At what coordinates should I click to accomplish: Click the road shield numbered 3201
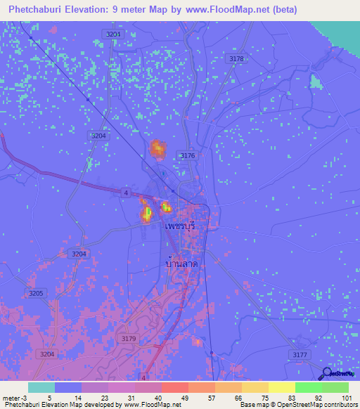[x=112, y=34]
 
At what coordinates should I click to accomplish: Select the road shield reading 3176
[x=187, y=155]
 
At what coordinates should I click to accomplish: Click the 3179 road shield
[x=127, y=339]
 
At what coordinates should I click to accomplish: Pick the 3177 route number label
[x=300, y=355]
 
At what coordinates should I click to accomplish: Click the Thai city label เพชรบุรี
[x=179, y=229]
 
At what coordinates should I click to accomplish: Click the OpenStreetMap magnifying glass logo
[x=326, y=374]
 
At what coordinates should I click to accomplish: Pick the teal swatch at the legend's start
[x=41, y=387]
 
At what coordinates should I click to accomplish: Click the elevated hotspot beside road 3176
[x=157, y=148]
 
